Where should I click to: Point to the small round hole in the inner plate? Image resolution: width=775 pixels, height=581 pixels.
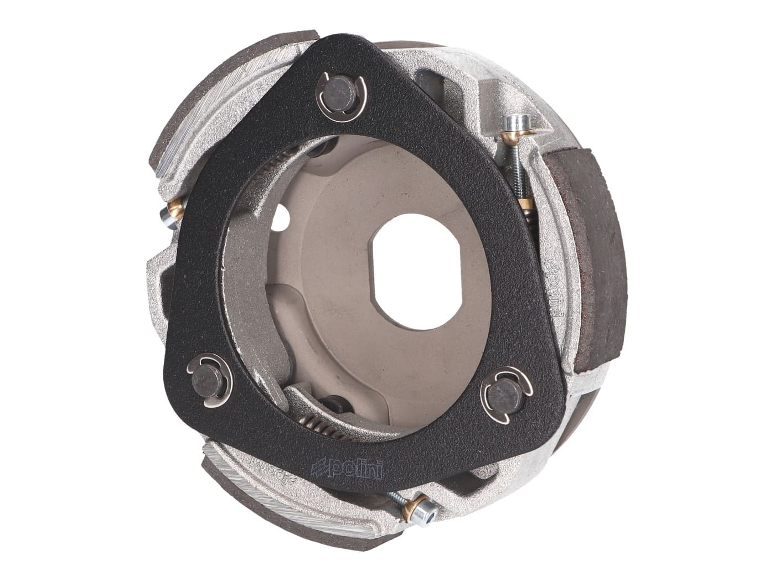284,215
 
